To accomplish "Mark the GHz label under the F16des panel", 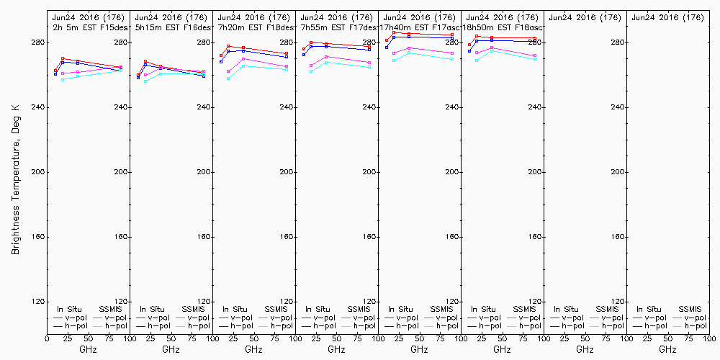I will pos(171,349).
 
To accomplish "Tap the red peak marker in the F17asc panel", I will pos(395,33).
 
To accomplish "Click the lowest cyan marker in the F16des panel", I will pos(145,81).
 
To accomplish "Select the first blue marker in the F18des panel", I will pos(221,61).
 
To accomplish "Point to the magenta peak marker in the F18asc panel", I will pos(492,48).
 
